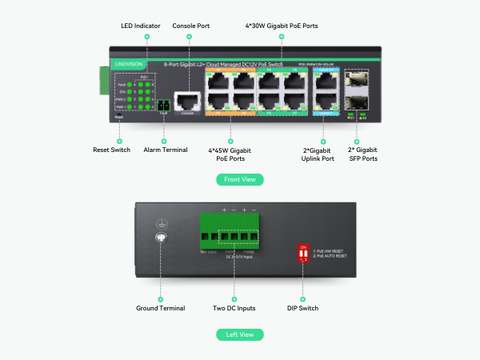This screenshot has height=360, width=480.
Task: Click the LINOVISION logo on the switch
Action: [129, 63]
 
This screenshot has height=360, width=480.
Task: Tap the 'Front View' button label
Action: [239, 179]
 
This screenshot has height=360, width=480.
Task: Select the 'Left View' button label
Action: [239, 334]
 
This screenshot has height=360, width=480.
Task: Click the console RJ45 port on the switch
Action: [188, 102]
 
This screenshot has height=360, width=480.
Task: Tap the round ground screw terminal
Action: [161, 238]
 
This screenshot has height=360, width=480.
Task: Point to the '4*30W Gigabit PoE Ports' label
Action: [282, 26]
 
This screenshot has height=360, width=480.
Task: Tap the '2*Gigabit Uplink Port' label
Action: [317, 154]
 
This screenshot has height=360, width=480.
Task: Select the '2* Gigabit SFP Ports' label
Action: [362, 154]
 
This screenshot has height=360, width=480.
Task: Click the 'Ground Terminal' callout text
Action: [161, 308]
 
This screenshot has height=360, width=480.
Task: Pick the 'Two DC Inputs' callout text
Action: [233, 308]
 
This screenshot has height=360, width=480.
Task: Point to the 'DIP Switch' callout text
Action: [303, 308]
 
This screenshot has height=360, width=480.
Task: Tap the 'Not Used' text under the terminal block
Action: [207, 252]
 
